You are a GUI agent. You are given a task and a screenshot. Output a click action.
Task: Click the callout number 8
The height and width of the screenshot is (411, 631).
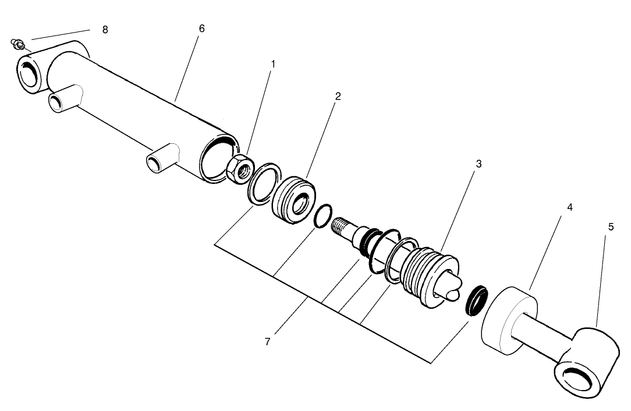pyautogui.click(x=105, y=30)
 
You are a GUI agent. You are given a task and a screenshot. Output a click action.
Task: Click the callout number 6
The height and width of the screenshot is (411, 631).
pyautogui.click(x=202, y=29)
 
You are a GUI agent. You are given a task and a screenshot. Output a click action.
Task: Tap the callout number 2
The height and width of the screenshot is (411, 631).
pyautogui.click(x=338, y=96)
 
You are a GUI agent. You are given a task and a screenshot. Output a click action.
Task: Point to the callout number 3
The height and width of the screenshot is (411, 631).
pyautogui.click(x=478, y=164)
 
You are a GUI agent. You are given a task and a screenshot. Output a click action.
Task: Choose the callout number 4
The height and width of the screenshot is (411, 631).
pyautogui.click(x=570, y=207)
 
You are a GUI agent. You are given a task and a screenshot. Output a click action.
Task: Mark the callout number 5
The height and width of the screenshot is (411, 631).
pyautogui.click(x=611, y=227)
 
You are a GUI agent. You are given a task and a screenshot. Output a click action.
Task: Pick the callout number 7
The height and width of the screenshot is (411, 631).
pyautogui.click(x=267, y=342)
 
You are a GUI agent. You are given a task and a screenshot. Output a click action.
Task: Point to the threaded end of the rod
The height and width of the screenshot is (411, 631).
pyautogui.click(x=342, y=224)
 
